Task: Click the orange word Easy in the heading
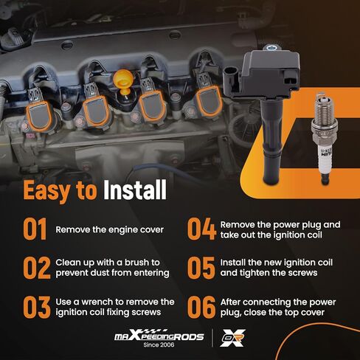[x=46, y=190]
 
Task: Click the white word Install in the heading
[x=135, y=190]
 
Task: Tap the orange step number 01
[x=35, y=229]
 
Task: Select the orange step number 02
[x=37, y=268]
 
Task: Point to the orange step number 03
[x=37, y=307]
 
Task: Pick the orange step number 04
[x=201, y=229]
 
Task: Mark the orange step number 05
[x=201, y=268]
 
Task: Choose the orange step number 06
[x=201, y=307]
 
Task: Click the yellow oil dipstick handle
[x=124, y=79]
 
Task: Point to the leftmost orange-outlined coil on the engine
[x=39, y=115]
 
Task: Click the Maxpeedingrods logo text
[x=159, y=336]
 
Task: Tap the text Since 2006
[x=159, y=345]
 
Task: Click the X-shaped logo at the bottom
[x=232, y=338]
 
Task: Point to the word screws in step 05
[x=301, y=273]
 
